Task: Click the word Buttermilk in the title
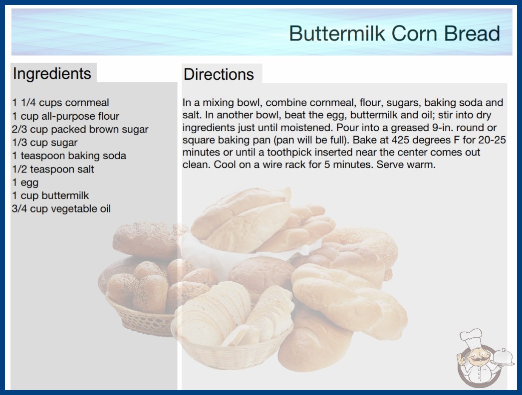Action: [337, 33]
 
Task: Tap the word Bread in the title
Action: [472, 33]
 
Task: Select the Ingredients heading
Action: [52, 73]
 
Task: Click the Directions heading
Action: [219, 74]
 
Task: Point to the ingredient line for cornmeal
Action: [60, 103]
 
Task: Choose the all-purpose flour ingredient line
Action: [65, 116]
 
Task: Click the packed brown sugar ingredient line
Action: [80, 130]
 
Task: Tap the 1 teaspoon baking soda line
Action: [69, 156]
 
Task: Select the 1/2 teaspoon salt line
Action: [53, 169]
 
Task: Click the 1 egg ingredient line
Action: [25, 183]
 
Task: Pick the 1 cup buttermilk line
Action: [50, 196]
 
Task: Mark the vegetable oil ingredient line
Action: [61, 208]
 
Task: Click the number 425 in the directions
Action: [401, 140]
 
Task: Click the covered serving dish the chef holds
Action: [503, 358]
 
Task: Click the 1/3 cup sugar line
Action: [44, 143]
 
